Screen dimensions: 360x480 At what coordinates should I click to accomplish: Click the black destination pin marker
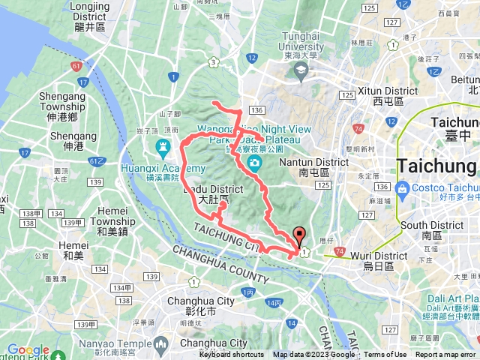pos(299,237)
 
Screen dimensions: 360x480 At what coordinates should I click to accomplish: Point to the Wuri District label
pos(379,260)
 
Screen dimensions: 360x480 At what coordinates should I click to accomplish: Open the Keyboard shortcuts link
pos(232,355)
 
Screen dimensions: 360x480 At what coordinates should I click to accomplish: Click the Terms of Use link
pos(385,355)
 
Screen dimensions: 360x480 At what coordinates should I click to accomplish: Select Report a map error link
pos(446,355)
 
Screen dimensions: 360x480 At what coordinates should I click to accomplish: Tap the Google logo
pos(28,350)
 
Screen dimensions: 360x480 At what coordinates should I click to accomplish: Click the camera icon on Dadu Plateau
pos(255,163)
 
